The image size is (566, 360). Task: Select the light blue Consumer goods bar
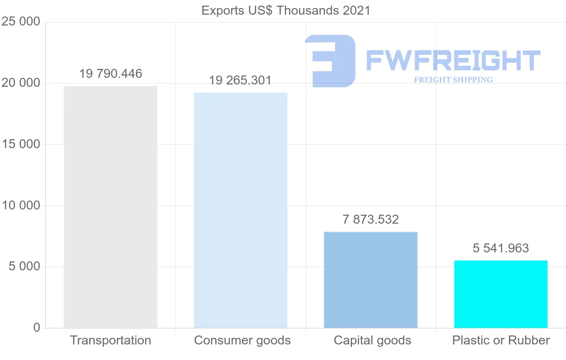(x=241, y=210)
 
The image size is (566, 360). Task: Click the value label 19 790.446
(x=111, y=74)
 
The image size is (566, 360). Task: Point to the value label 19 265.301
(x=241, y=81)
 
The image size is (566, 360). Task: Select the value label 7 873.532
(x=371, y=220)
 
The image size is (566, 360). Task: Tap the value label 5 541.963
(x=501, y=248)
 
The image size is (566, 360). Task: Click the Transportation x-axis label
(x=111, y=341)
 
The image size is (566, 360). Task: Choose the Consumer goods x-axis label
(x=242, y=341)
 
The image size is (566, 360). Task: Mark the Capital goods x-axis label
(x=373, y=341)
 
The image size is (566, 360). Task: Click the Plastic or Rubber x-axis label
(x=501, y=341)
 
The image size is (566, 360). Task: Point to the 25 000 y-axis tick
(x=21, y=22)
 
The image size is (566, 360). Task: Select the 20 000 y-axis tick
(x=21, y=83)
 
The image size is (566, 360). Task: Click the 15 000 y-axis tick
(x=21, y=144)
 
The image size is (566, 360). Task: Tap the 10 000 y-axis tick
(x=21, y=206)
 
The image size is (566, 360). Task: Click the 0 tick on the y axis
(x=37, y=328)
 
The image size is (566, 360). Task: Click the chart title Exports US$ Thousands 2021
(x=286, y=10)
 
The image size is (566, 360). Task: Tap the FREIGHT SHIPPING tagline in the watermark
(x=453, y=80)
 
